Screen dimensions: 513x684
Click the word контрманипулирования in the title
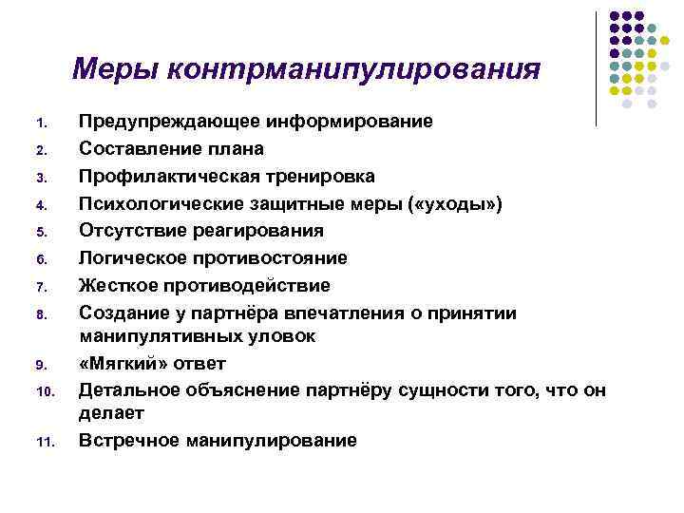click(351, 70)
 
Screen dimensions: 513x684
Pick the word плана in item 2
click(237, 149)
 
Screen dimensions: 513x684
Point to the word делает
click(110, 412)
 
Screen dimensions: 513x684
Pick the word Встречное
click(131, 440)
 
